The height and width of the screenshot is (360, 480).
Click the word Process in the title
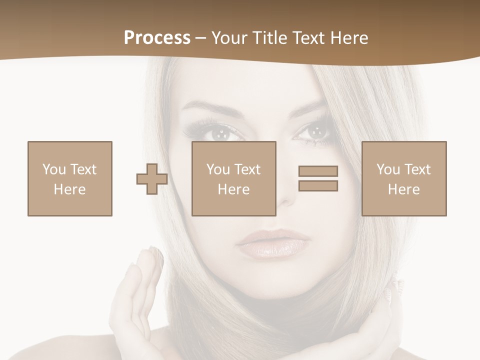point(157,38)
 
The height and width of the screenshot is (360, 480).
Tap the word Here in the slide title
point(349,38)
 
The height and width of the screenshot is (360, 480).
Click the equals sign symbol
point(318,178)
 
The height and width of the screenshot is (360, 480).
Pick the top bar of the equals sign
point(318,171)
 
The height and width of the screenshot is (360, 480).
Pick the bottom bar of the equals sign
point(318,186)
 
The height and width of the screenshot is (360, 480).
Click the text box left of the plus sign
point(70,178)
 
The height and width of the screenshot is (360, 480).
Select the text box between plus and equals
point(234,178)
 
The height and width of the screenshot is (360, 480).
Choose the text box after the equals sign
point(404,178)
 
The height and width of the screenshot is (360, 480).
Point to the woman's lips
point(272,243)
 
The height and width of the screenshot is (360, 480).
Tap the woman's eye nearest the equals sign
point(314,132)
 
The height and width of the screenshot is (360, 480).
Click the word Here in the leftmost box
point(70,189)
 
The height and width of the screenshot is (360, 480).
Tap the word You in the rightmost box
point(388,169)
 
